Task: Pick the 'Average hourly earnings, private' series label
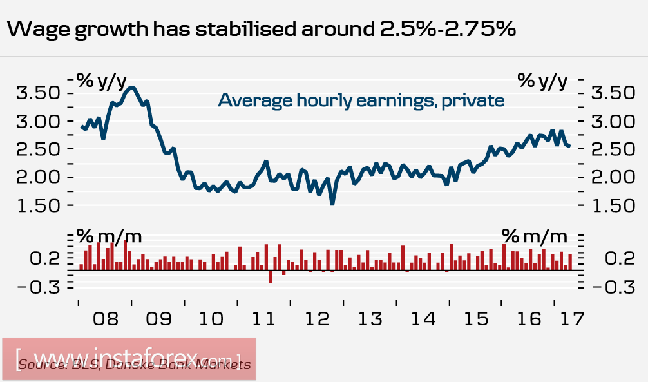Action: click(x=361, y=100)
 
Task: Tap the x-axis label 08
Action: click(x=105, y=318)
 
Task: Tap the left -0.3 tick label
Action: click(x=40, y=287)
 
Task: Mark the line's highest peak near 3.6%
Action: click(x=131, y=88)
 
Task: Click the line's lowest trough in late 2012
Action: click(x=332, y=204)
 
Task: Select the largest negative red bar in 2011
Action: click(x=271, y=276)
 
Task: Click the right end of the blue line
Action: click(x=569, y=148)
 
